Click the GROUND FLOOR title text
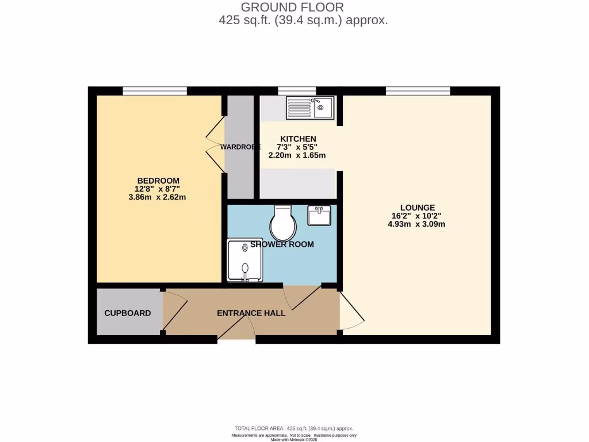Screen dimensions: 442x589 click(x=292, y=7)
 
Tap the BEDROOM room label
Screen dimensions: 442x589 click(x=158, y=180)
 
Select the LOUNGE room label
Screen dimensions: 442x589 click(x=417, y=208)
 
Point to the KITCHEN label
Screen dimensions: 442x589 click(x=298, y=139)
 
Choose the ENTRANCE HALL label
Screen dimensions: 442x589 click(x=251, y=313)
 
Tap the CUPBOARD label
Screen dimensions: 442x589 click(x=128, y=313)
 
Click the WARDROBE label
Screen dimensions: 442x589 click(x=237, y=147)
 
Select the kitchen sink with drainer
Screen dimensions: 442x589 click(x=310, y=107)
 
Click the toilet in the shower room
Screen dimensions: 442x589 click(x=282, y=224)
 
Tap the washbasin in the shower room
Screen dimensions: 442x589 click(x=319, y=216)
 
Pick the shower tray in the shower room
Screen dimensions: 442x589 click(x=245, y=260)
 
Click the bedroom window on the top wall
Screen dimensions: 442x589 click(x=155, y=90)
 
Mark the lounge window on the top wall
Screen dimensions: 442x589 click(x=418, y=90)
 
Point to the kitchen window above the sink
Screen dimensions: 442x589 click(x=297, y=90)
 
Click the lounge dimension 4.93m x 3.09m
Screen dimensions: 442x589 click(x=417, y=224)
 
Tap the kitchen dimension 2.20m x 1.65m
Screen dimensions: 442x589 click(x=297, y=155)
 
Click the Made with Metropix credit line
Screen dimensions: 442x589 click(x=294, y=440)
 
